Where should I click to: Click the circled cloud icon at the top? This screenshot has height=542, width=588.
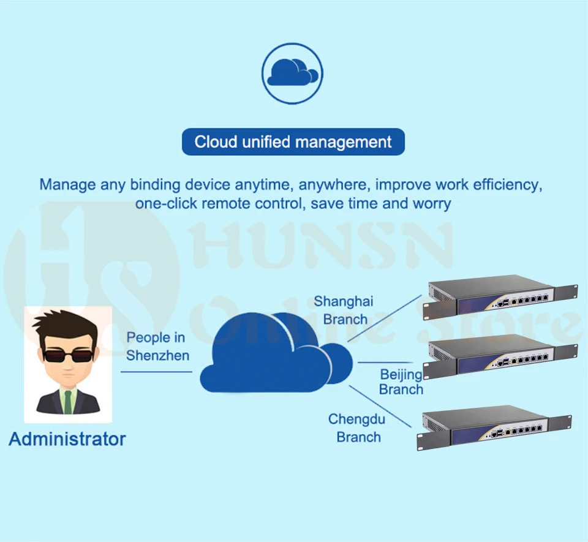click(292, 73)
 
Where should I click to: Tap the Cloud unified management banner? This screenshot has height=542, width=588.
click(293, 142)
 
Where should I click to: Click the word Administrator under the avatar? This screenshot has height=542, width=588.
click(67, 439)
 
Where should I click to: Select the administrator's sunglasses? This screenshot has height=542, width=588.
click(67, 355)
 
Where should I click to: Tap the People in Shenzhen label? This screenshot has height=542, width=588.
click(157, 347)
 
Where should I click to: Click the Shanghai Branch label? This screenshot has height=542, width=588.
click(344, 310)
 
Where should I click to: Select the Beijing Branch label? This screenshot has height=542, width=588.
click(401, 382)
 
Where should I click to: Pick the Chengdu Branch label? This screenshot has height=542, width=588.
click(358, 428)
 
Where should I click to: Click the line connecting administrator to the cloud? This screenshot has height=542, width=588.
click(156, 371)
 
